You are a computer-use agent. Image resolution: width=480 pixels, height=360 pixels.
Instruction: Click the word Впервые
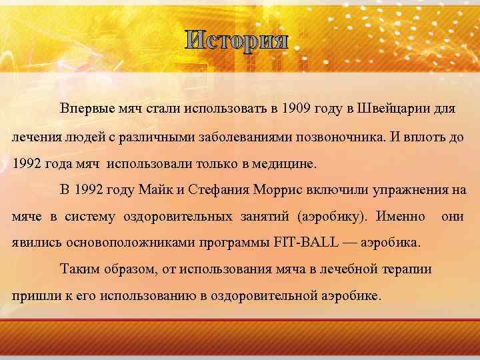pos(85,108)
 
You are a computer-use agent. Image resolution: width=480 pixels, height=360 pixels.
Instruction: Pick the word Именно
pos(401,217)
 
